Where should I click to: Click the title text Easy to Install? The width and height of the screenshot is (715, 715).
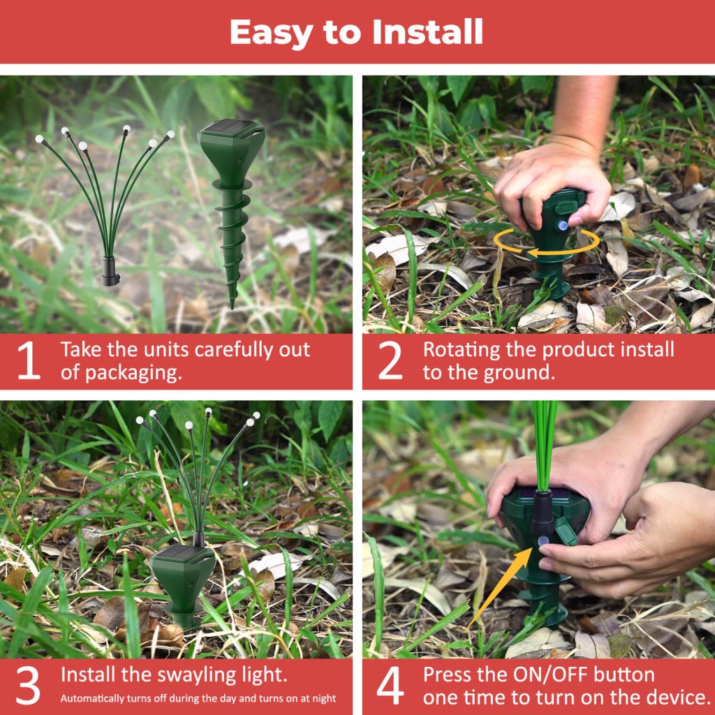pyautogui.click(x=356, y=31)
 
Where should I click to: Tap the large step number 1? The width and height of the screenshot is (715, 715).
pyautogui.click(x=28, y=361)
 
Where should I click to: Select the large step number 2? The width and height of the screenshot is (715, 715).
pyautogui.click(x=390, y=361)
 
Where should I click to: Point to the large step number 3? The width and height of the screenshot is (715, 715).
pyautogui.click(x=28, y=686)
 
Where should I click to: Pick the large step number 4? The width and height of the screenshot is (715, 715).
pyautogui.click(x=390, y=686)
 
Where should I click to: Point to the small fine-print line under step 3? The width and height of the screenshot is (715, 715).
pyautogui.click(x=198, y=698)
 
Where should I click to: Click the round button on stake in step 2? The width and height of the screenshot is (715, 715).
pyautogui.click(x=562, y=225)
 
